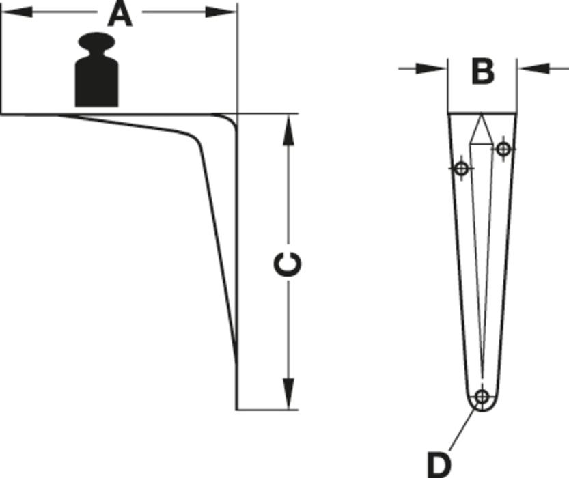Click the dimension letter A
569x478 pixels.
click(x=120, y=14)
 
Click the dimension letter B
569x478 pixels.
click(x=483, y=72)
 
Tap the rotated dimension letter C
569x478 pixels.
click(x=288, y=264)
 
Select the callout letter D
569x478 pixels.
click(x=439, y=464)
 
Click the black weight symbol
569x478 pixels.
click(x=96, y=70)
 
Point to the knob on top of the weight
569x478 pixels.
click(x=96, y=42)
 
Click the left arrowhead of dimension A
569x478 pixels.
click(x=16, y=12)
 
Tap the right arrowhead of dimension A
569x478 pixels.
click(x=221, y=12)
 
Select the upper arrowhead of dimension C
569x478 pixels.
click(x=288, y=130)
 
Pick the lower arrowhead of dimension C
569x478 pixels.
click(x=288, y=394)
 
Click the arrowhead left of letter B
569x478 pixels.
click(x=431, y=68)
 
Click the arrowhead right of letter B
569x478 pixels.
click(x=533, y=68)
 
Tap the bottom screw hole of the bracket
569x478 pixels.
click(x=482, y=397)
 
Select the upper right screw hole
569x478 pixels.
click(x=503, y=149)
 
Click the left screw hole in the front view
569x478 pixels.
click(x=461, y=169)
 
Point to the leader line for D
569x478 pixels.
click(x=463, y=428)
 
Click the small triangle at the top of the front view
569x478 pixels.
click(x=481, y=130)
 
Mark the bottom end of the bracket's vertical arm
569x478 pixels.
click(x=237, y=410)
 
